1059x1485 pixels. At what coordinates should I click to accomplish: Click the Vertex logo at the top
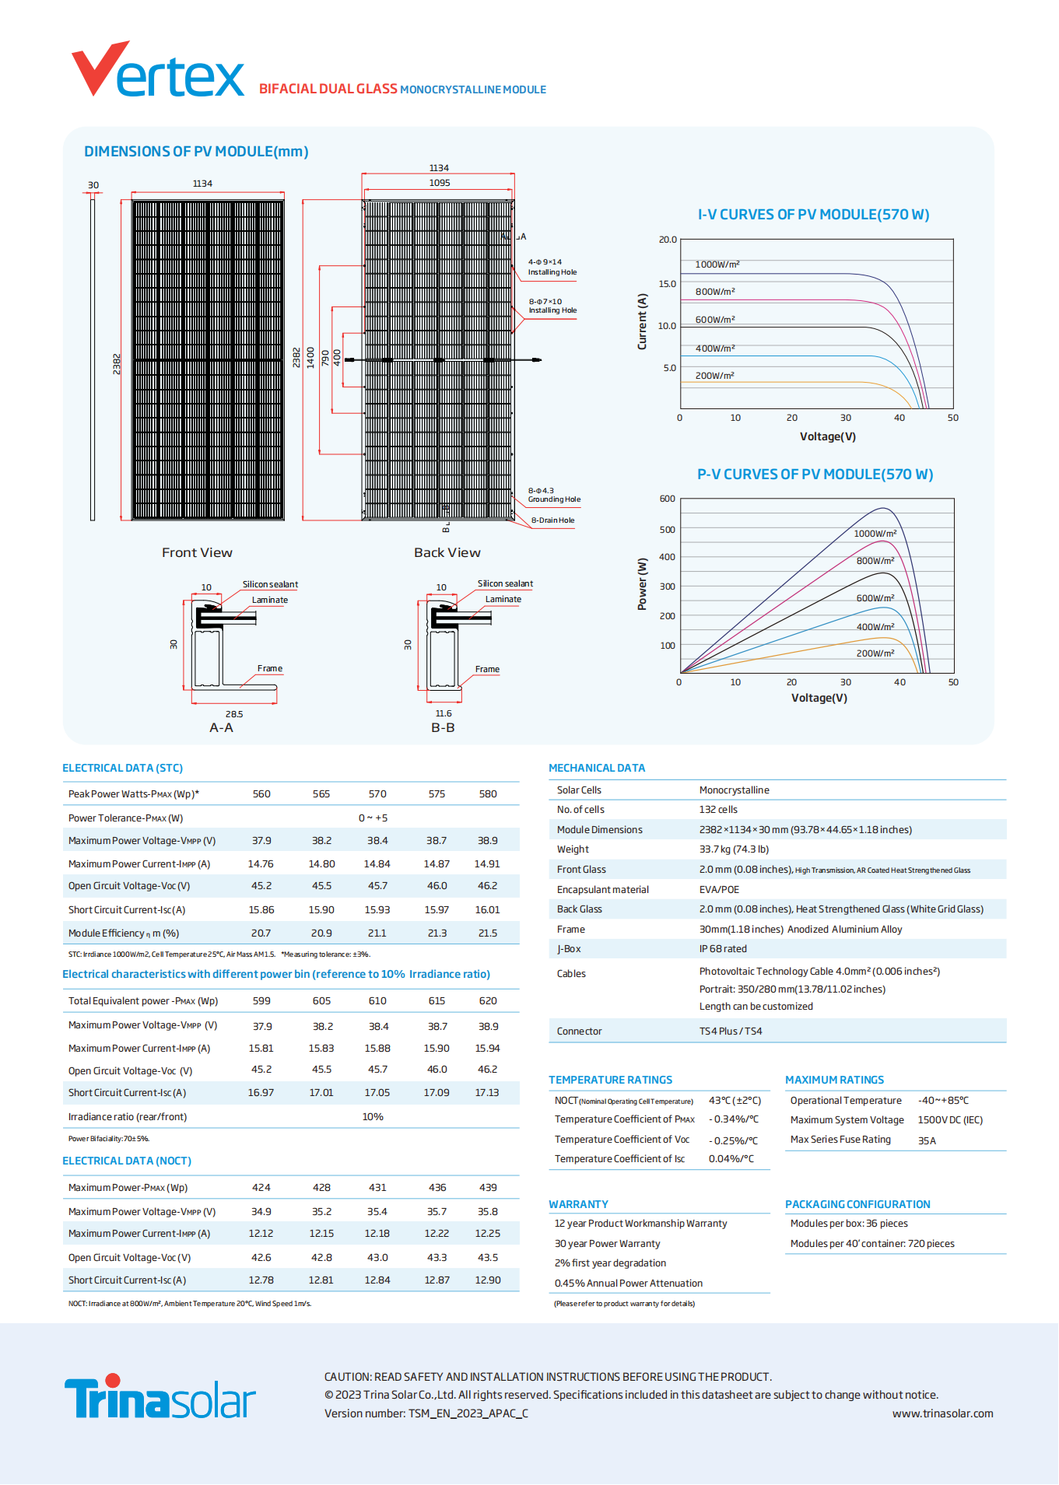pyautogui.click(x=158, y=72)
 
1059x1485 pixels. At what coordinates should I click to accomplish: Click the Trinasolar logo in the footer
pyautogui.click(x=160, y=1398)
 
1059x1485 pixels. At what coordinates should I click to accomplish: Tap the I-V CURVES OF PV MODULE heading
pyautogui.click(x=813, y=215)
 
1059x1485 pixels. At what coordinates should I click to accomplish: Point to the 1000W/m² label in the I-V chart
pyautogui.click(x=717, y=264)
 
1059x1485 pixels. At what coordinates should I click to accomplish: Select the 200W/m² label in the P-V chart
pyautogui.click(x=875, y=653)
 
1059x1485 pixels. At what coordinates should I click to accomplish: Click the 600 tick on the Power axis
pyautogui.click(x=667, y=499)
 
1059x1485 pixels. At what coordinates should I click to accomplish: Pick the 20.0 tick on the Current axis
pyautogui.click(x=668, y=240)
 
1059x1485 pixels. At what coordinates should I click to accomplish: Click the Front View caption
pyautogui.click(x=197, y=552)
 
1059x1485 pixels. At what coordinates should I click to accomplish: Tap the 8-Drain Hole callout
pyautogui.click(x=552, y=520)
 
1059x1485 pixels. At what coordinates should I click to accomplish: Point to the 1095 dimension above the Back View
pyautogui.click(x=440, y=183)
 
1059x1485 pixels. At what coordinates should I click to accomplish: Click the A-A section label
pyautogui.click(x=221, y=727)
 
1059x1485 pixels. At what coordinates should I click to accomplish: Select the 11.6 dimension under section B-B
pyautogui.click(x=444, y=713)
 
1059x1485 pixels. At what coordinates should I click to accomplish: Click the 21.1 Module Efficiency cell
pyautogui.click(x=377, y=933)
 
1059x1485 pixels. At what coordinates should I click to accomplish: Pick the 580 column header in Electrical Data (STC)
pyautogui.click(x=488, y=794)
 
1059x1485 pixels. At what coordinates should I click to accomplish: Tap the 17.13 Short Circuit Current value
pyautogui.click(x=487, y=1093)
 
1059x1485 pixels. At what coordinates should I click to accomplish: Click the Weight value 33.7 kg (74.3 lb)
pyautogui.click(x=734, y=849)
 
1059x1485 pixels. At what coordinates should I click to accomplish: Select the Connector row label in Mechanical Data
pyautogui.click(x=579, y=1031)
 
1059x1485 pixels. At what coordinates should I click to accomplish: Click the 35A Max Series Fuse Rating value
pyautogui.click(x=927, y=1140)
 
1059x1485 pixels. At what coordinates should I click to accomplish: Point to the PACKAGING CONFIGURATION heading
pyautogui.click(x=857, y=1204)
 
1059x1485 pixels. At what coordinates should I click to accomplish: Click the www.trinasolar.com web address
pyautogui.click(x=942, y=1413)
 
